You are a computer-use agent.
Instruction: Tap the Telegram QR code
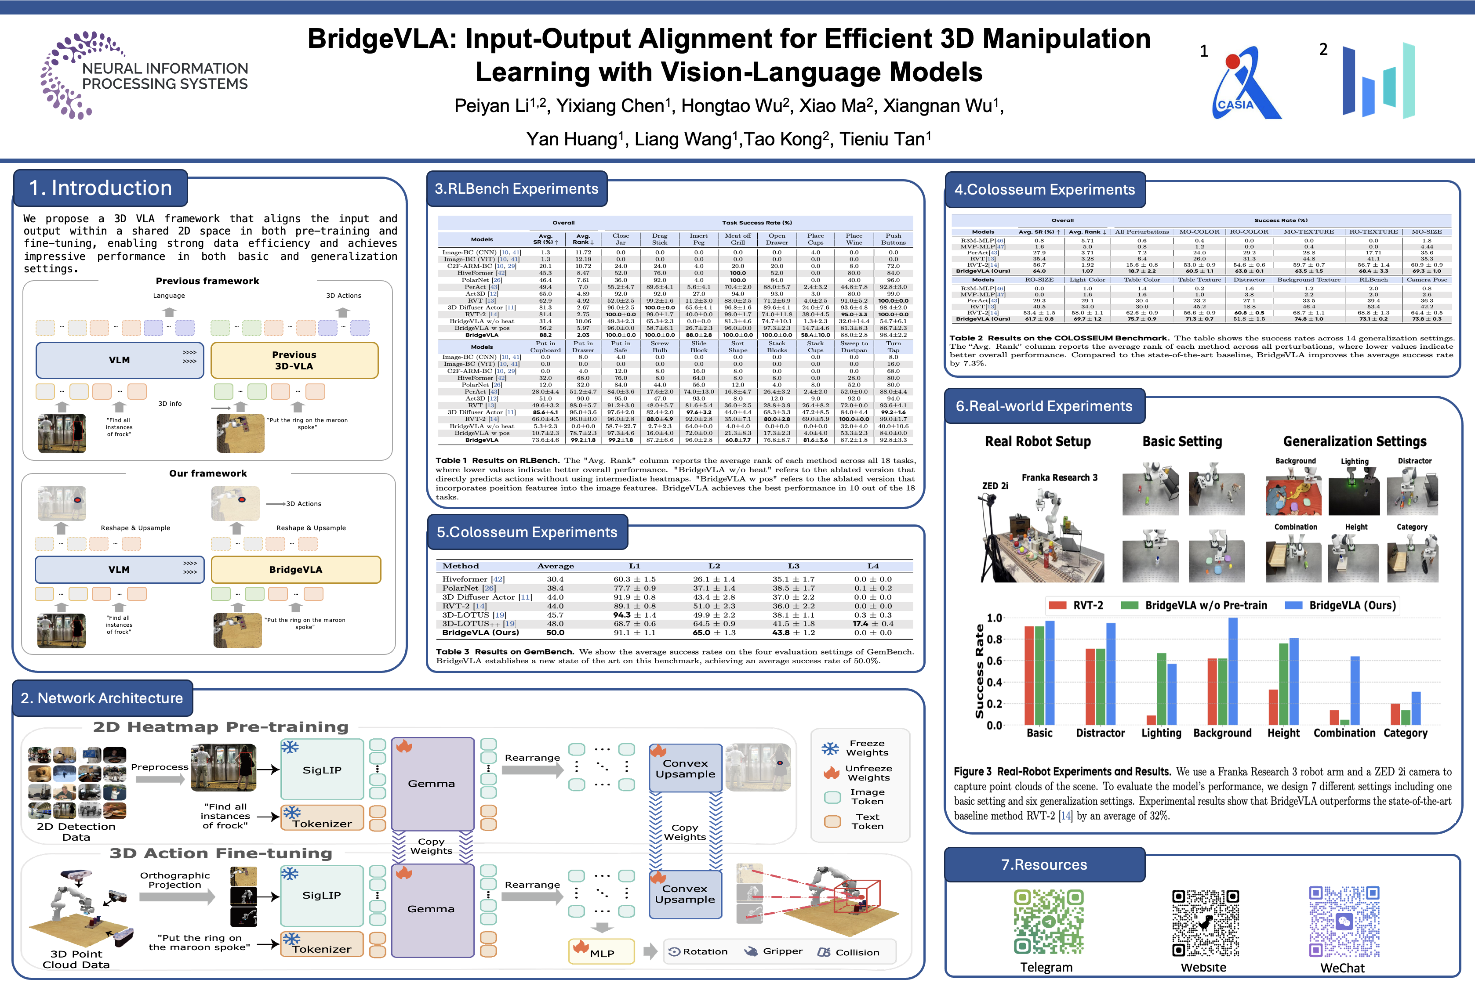click(x=1048, y=921)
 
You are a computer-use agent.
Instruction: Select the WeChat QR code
click(x=1344, y=921)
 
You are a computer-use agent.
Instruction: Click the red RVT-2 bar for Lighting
click(x=1151, y=720)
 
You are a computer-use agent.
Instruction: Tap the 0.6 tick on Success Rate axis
click(x=995, y=661)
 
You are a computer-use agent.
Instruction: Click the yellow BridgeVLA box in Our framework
click(x=295, y=569)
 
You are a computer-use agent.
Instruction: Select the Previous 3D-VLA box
click(x=294, y=361)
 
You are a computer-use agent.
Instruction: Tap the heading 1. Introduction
click(x=100, y=188)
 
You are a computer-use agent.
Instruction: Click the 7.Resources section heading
click(x=1044, y=864)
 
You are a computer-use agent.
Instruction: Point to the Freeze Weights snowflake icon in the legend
click(x=830, y=748)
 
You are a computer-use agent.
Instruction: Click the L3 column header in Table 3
click(x=793, y=566)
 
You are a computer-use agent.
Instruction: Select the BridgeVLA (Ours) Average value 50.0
click(x=555, y=632)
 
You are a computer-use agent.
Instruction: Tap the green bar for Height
click(x=1283, y=684)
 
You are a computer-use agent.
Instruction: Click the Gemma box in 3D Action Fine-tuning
click(x=432, y=909)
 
